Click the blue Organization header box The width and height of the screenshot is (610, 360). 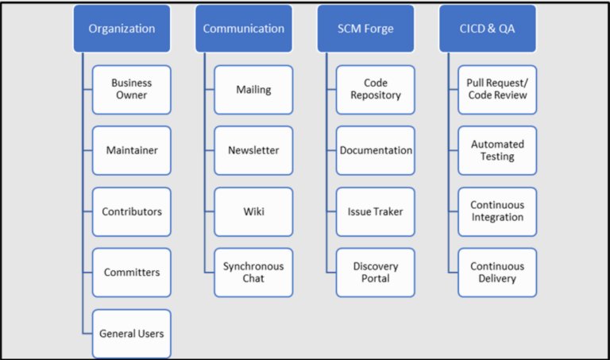[122, 29]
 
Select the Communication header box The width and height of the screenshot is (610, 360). [243, 29]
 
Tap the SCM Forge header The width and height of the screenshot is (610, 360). [365, 29]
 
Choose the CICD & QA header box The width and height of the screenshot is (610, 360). [487, 29]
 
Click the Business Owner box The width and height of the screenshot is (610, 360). [131, 89]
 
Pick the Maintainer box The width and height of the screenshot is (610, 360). [131, 150]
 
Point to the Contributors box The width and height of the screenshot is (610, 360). [131, 211]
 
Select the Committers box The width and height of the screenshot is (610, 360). [131, 273]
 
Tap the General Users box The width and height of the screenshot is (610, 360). [131, 334]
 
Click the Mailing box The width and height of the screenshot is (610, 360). [253, 89]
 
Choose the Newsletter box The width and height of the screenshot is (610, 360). [253, 150]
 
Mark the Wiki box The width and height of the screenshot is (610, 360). [253, 211]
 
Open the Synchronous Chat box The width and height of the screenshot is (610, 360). [253, 273]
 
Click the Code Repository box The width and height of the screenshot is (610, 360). [375, 89]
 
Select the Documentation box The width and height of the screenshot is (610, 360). [375, 150]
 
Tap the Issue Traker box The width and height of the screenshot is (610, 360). [375, 211]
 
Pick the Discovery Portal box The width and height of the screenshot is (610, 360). [375, 273]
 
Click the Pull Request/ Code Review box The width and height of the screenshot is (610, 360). [497, 89]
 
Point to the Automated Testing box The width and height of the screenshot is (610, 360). [497, 150]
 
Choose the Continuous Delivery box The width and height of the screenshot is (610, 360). [497, 273]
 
